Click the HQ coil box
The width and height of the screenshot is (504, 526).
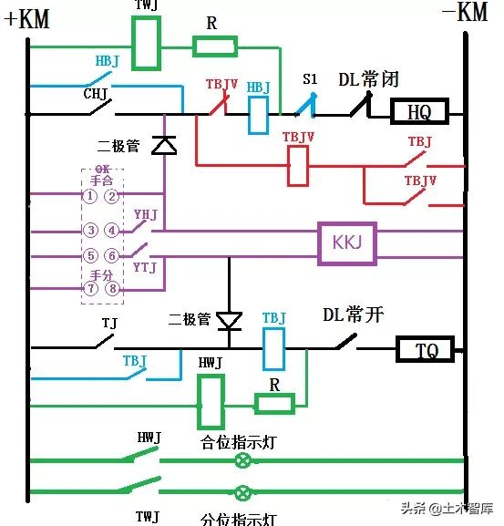point(418,112)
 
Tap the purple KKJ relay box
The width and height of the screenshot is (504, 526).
point(345,243)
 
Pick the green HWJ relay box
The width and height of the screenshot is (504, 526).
point(211,401)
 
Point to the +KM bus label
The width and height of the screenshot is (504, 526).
point(27,19)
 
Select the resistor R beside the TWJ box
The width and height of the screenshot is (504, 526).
point(214,46)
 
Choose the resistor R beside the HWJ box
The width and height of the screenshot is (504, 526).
point(273,404)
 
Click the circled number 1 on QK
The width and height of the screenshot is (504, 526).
point(90,196)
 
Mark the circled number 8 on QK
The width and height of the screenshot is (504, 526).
point(111,289)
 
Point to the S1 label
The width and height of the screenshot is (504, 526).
point(310,81)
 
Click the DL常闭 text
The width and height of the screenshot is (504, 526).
point(369,79)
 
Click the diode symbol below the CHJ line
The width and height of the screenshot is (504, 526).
point(164,145)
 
